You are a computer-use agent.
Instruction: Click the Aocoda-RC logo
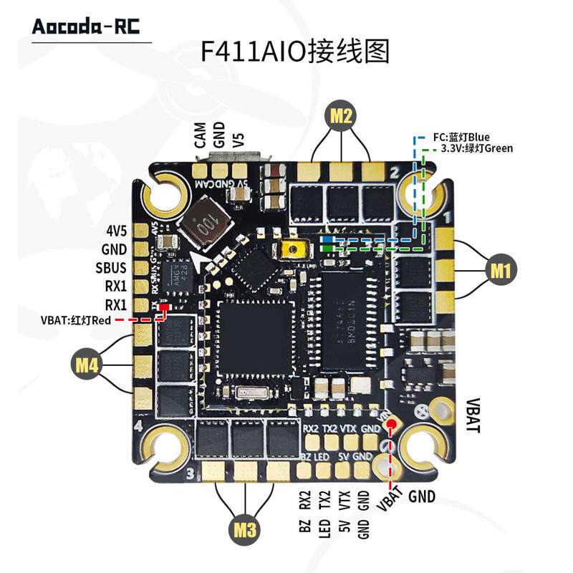(86, 27)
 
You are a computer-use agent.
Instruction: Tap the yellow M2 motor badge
(342, 115)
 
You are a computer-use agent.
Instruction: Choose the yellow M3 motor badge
(245, 531)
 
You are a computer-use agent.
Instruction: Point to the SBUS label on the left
(111, 268)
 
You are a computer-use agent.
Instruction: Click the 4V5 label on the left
(115, 231)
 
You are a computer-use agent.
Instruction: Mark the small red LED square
(164, 308)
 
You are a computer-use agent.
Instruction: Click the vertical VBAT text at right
(474, 415)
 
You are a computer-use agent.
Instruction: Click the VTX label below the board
(345, 499)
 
